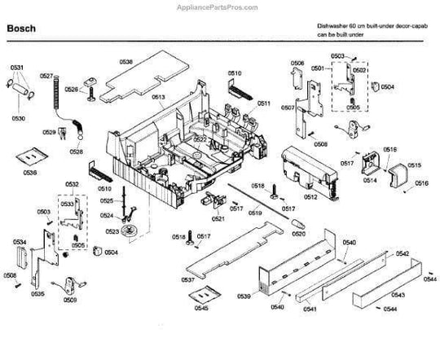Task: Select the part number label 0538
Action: (125, 60)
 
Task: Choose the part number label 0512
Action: (310, 196)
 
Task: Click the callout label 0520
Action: (298, 233)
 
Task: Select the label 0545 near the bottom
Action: (200, 309)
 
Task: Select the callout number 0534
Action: (18, 243)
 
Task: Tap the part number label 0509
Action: (70, 300)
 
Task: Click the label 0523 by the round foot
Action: (112, 231)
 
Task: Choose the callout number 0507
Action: (288, 108)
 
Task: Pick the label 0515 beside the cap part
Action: (414, 165)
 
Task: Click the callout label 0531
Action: (16, 66)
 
